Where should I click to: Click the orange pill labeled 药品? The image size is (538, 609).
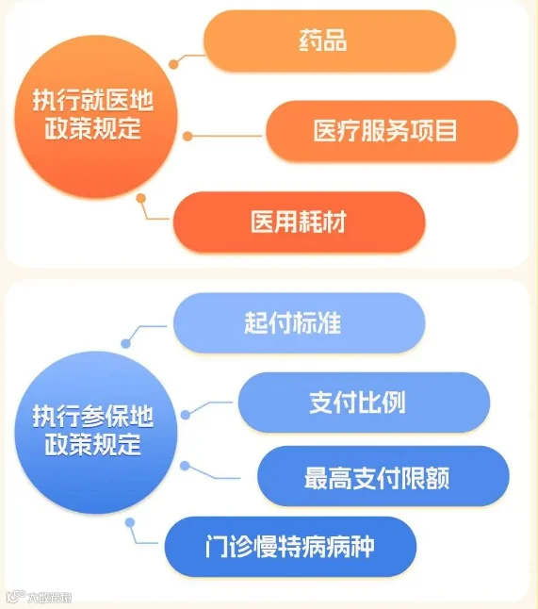click(330, 41)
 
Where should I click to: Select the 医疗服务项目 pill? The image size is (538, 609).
click(392, 131)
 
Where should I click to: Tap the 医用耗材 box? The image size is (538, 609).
click(299, 222)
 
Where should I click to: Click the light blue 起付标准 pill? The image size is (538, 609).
click(299, 322)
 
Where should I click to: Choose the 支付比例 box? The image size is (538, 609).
click(364, 402)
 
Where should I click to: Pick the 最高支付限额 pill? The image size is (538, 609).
click(383, 476)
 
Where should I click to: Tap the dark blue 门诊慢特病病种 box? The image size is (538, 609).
click(290, 547)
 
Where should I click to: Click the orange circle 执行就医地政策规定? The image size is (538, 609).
click(96, 117)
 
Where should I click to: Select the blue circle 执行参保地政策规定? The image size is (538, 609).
click(96, 433)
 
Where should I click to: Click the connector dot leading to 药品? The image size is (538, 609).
click(173, 64)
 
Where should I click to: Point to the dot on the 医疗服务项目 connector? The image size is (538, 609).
click(187, 137)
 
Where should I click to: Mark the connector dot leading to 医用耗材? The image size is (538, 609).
click(141, 199)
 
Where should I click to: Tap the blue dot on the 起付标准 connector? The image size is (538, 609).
click(125, 343)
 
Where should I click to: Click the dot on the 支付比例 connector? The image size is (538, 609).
click(186, 415)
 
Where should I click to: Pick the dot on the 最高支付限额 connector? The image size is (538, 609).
click(185, 466)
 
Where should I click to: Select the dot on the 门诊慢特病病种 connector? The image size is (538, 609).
click(130, 523)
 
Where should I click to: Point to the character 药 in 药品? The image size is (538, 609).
click(311, 41)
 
